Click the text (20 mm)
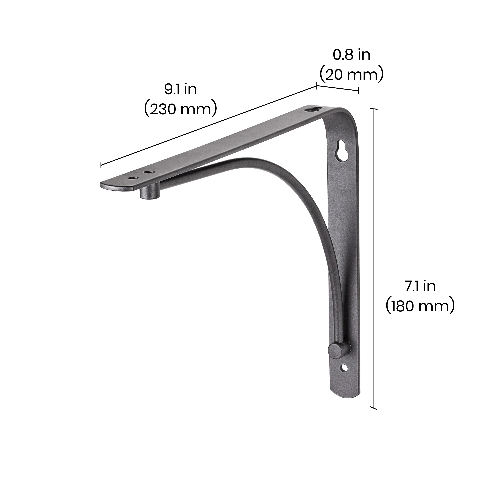[x=351, y=75]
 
